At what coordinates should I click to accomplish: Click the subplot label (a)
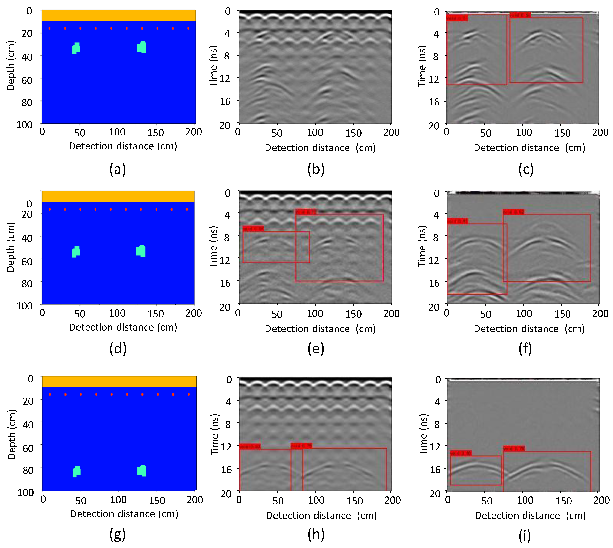pos(117,169)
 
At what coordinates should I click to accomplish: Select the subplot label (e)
pos(316,349)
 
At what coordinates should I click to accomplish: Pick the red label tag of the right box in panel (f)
pos(513,212)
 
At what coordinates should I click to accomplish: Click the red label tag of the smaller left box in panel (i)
pos(460,453)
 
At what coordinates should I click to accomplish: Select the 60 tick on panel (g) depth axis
pos(28,448)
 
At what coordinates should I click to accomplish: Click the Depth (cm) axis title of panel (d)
pos(10,247)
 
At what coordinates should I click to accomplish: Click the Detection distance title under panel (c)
pos(529,148)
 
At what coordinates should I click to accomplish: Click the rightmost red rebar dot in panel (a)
pos(188,28)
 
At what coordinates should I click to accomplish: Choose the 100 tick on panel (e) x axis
pos(315,313)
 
